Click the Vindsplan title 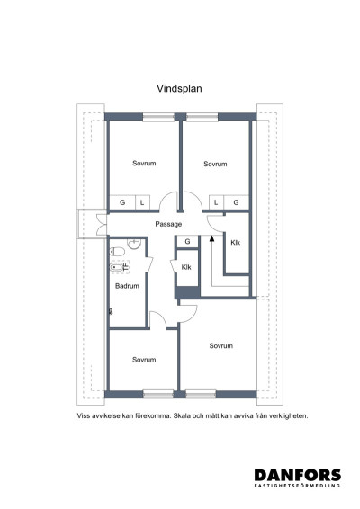click(180, 91)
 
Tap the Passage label click(168, 224)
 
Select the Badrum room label click(127, 285)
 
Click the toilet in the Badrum click(117, 251)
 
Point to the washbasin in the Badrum click(134, 243)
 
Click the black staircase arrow click(211, 239)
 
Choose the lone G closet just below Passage click(186, 242)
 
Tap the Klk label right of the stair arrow click(236, 243)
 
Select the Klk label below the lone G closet click(186, 267)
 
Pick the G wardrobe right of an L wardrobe click(236, 203)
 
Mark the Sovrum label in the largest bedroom click(221, 345)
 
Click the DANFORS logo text click(297, 475)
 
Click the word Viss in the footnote click(85, 416)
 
